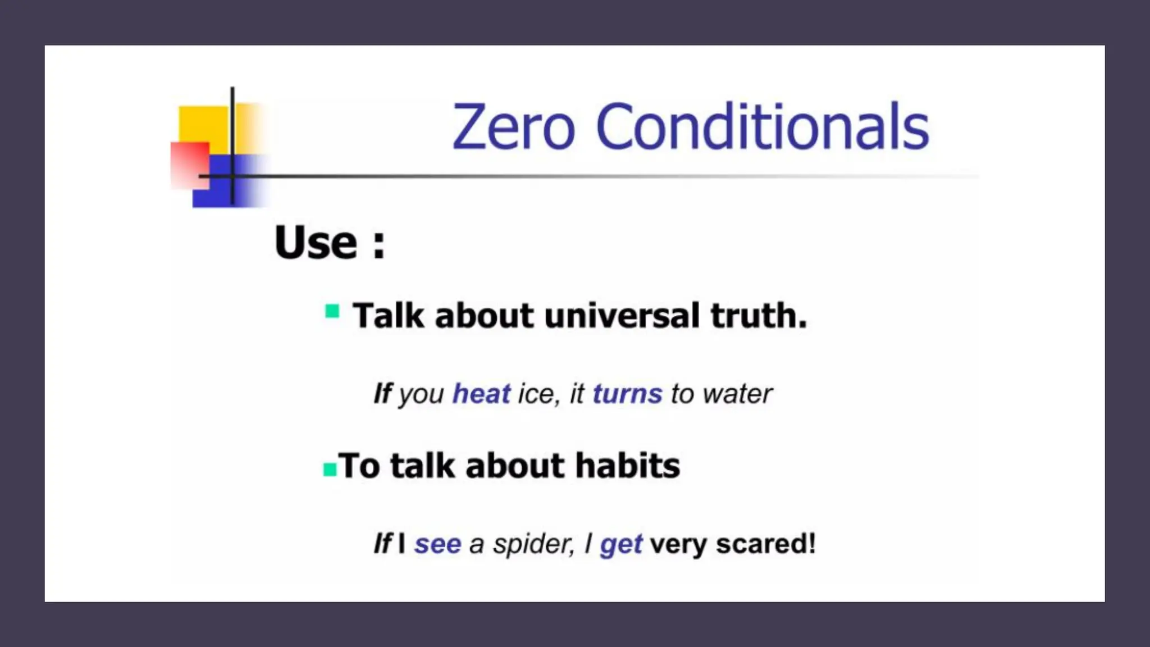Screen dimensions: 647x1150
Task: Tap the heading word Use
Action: click(316, 243)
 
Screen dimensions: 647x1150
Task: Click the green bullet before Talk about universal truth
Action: click(332, 311)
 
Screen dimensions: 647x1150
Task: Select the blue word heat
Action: click(481, 393)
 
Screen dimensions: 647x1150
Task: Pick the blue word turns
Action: click(627, 394)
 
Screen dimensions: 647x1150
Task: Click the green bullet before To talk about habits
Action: click(330, 469)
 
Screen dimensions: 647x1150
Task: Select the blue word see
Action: click(437, 544)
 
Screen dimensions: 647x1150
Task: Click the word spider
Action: click(533, 544)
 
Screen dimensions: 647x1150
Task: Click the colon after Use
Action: click(378, 245)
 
